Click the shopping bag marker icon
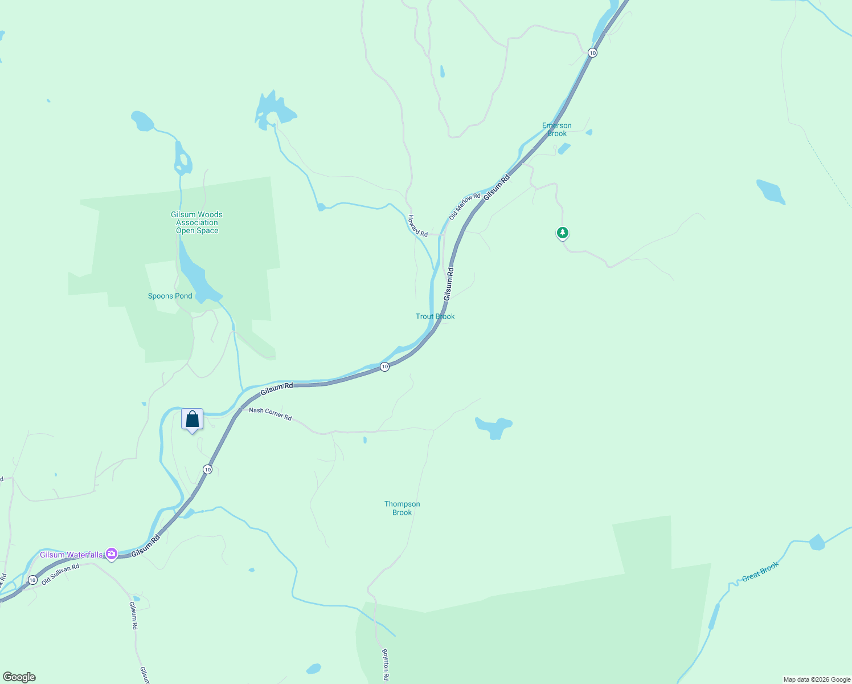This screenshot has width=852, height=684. pyautogui.click(x=192, y=420)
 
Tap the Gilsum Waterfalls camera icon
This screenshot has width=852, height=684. pyautogui.click(x=112, y=553)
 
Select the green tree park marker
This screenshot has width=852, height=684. pyautogui.click(x=563, y=233)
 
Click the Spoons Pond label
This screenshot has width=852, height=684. pyautogui.click(x=170, y=296)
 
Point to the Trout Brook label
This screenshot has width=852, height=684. pyautogui.click(x=435, y=316)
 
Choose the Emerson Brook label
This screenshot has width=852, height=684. pyautogui.click(x=557, y=129)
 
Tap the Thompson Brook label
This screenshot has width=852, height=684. pyautogui.click(x=402, y=508)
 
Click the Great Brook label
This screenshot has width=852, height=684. pyautogui.click(x=760, y=572)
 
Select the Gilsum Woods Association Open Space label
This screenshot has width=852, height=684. pyautogui.click(x=197, y=222)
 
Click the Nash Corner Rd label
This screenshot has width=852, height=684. pyautogui.click(x=271, y=414)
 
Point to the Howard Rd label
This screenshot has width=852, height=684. pyautogui.click(x=417, y=226)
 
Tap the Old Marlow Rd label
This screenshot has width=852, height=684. pyautogui.click(x=465, y=206)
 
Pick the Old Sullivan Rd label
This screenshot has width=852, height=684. pyautogui.click(x=60, y=574)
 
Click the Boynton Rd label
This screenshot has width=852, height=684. pyautogui.click(x=386, y=664)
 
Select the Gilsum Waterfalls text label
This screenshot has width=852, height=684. pyautogui.click(x=71, y=555)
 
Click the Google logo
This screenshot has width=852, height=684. pyautogui.click(x=19, y=677)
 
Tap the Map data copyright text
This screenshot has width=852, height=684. pyautogui.click(x=817, y=679)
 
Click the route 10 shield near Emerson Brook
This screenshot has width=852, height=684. pyautogui.click(x=593, y=52)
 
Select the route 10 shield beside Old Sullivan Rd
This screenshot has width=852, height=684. pyautogui.click(x=32, y=580)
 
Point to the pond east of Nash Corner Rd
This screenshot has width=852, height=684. pyautogui.click(x=494, y=427)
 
